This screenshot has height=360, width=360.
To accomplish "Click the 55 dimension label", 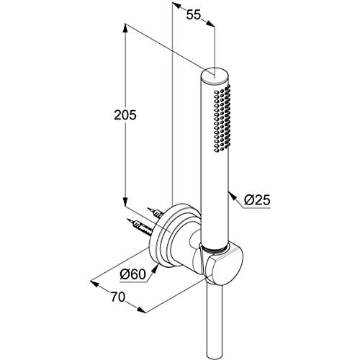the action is click(194, 15).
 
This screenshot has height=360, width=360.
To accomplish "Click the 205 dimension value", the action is click(125, 114).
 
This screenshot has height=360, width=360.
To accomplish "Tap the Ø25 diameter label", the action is click(257, 200).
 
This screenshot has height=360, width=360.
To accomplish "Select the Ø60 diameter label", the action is click(132, 274).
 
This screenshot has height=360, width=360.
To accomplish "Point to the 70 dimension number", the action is click(118, 297).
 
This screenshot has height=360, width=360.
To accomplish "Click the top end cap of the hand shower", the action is click(215, 76).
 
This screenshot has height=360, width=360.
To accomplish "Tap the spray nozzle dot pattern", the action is click(222, 118).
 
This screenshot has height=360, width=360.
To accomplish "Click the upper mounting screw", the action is click(155, 212).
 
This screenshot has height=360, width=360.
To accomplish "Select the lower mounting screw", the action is click(140, 227).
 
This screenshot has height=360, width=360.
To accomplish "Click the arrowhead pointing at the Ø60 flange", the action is click(156, 268).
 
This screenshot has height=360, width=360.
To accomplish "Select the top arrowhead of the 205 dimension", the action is click(125, 29).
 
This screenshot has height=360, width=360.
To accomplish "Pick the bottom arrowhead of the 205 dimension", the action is click(125, 201).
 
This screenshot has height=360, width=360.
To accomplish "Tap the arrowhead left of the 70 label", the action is click(94, 283).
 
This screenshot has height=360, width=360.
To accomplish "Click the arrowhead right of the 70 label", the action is click(140, 310).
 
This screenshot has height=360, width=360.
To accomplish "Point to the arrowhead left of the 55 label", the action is click(177, 5).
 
